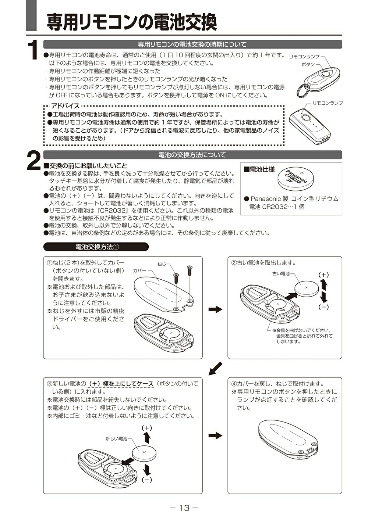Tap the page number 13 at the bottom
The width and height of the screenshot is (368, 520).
pyautogui.click(x=184, y=508)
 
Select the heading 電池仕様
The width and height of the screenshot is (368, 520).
pyautogui.click(x=259, y=169)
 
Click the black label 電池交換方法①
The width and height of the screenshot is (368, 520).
pyautogui.click(x=96, y=247)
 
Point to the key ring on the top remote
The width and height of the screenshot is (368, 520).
pyautogui.click(x=302, y=90)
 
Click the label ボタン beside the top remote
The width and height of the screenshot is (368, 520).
pyautogui.click(x=308, y=64)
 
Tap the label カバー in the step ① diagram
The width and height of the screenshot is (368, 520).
pyautogui.click(x=139, y=270)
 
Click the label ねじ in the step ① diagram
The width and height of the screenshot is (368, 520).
pyautogui.click(x=162, y=264)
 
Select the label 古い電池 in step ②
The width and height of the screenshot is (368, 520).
pyautogui.click(x=281, y=273)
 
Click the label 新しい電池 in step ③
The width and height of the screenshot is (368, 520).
pyautogui.click(x=116, y=438)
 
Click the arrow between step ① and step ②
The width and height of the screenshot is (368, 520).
pyautogui.click(x=215, y=309)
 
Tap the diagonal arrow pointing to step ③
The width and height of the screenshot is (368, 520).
pyautogui.click(x=216, y=368)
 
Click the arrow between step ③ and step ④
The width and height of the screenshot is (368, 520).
pyautogui.click(x=215, y=435)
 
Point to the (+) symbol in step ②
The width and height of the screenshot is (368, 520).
pyautogui.click(x=323, y=275)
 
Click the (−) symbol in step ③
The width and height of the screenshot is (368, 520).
pyautogui.click(x=147, y=480)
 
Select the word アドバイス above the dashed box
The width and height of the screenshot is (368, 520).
pyautogui.click(x=65, y=106)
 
